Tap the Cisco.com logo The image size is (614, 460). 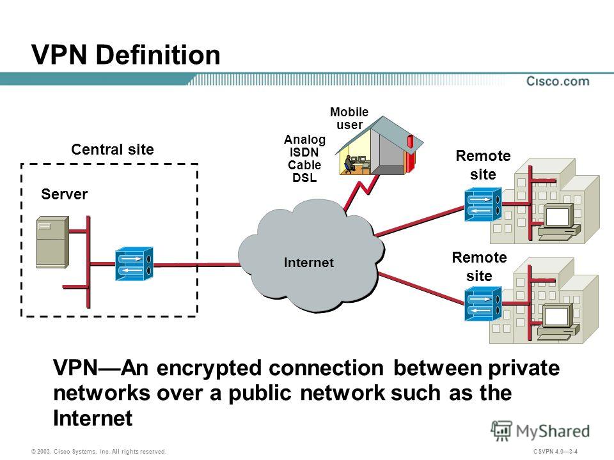(x=558, y=82)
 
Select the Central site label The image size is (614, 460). (x=113, y=150)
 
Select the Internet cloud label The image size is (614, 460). (x=310, y=263)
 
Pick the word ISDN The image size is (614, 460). (x=304, y=153)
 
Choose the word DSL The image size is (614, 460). (x=304, y=178)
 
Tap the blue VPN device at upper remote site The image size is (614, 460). (x=483, y=204)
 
